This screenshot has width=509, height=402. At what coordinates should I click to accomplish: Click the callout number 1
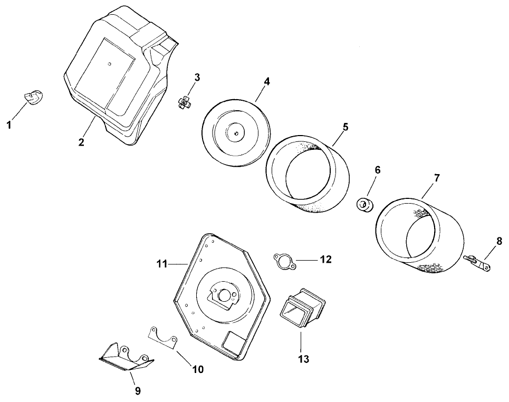(9, 125)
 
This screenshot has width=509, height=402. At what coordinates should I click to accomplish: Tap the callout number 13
(304, 359)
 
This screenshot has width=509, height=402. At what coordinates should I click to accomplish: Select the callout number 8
(499, 241)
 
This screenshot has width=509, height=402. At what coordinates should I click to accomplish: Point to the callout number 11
(161, 264)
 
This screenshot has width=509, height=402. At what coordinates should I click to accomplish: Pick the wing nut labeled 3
(185, 103)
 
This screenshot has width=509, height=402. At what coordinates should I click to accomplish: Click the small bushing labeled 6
(365, 205)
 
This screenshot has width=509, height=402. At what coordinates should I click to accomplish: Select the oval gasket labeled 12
(284, 262)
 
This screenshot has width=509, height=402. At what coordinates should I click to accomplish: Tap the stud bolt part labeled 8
(477, 263)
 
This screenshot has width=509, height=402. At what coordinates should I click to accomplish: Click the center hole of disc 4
(236, 133)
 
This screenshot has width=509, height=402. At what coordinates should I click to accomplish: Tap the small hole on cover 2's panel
(110, 64)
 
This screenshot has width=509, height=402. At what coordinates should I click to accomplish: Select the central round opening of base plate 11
(224, 295)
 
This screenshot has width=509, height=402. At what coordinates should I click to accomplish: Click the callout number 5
(345, 127)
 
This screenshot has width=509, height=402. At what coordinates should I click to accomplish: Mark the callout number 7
(437, 178)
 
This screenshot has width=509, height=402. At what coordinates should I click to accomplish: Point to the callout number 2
(81, 142)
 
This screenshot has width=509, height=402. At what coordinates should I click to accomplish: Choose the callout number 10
(198, 369)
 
